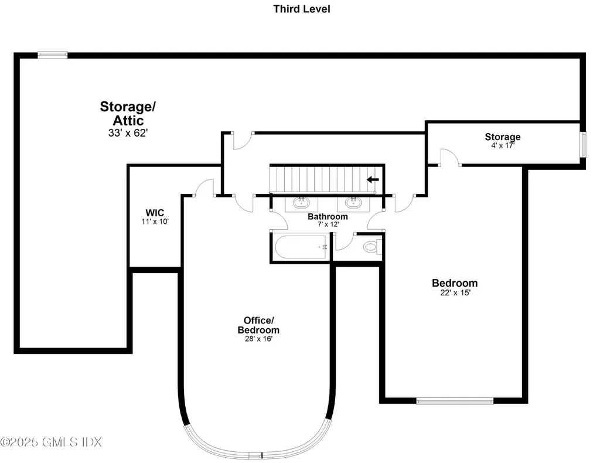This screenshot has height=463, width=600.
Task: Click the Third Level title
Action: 302,9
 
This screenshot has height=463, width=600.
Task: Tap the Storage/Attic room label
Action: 128,113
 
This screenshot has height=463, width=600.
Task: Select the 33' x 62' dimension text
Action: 128,133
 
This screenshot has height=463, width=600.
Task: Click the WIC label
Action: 155,213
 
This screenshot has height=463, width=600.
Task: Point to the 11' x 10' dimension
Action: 155,221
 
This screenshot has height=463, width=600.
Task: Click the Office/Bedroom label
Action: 258,325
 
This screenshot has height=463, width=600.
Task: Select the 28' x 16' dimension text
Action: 258,339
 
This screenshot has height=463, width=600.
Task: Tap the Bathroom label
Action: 328,217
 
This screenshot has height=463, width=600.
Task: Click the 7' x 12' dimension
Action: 328,224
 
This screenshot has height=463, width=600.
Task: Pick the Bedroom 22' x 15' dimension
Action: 455,292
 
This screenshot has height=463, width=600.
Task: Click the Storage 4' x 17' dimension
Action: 503,145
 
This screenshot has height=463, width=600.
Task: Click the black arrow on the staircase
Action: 373,179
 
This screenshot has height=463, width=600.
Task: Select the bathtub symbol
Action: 301,247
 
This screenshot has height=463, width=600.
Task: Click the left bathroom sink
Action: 302,203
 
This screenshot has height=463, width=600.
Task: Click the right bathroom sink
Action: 353,203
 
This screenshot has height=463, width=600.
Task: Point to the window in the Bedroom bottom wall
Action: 455,401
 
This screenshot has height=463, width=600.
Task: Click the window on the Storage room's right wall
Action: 584,144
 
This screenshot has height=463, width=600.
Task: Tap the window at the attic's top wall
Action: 53,55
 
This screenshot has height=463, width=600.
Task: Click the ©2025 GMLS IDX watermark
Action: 51,442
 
